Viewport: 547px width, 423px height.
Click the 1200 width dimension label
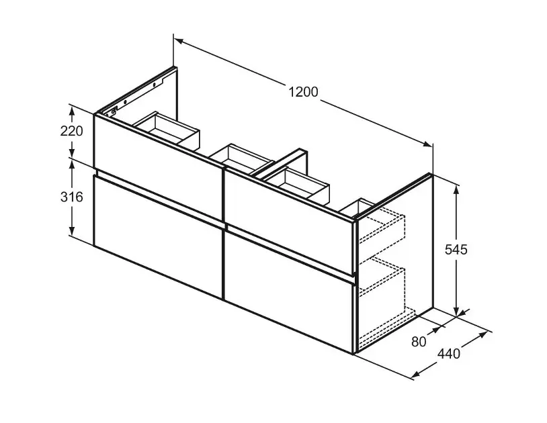point(304,92)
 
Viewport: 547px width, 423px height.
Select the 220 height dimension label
point(71,131)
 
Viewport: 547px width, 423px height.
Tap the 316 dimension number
point(71,197)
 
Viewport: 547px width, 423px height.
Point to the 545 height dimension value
point(456,250)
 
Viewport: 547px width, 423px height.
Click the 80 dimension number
point(419,342)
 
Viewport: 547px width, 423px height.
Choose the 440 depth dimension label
point(449,354)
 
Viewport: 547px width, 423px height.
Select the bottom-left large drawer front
point(158,237)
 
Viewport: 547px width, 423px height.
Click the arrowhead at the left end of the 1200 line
point(179,41)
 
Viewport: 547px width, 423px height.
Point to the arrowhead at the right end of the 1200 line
point(427,144)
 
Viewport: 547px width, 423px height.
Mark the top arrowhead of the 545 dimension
point(456,191)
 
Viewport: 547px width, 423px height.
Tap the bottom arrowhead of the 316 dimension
point(72,230)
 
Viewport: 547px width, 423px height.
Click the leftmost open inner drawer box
point(167,130)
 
